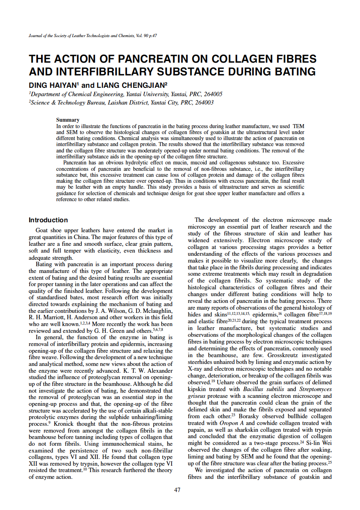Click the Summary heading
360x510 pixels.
coord(68,120)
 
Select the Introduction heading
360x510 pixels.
coord(48,220)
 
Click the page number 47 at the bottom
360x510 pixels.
coord(178,490)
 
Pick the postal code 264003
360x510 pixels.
coord(204,103)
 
